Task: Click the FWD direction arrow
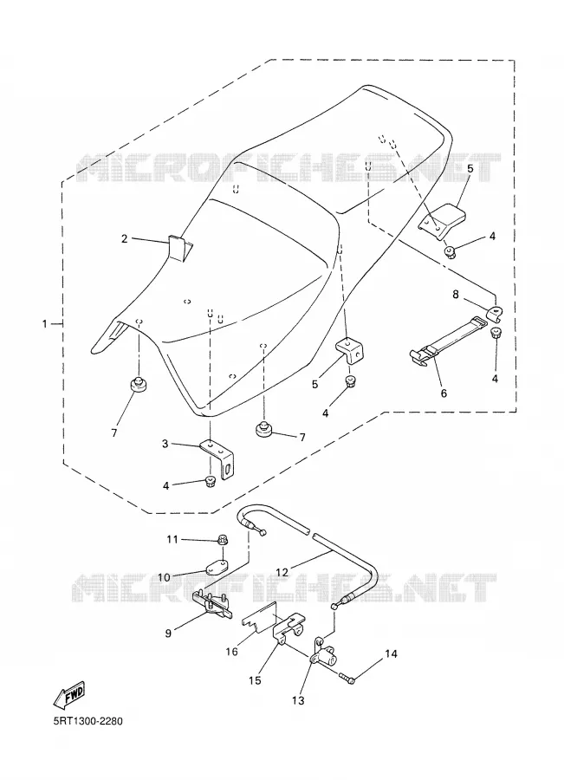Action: pyautogui.click(x=68, y=694)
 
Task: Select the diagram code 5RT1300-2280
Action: pyautogui.click(x=88, y=721)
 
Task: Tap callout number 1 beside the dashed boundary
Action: pyautogui.click(x=45, y=324)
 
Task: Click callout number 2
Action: pyautogui.click(x=125, y=239)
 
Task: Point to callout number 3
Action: pyautogui.click(x=165, y=443)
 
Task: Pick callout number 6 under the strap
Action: pyautogui.click(x=444, y=393)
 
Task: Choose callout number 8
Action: pyautogui.click(x=456, y=295)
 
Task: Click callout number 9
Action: pyautogui.click(x=168, y=634)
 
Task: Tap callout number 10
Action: pyautogui.click(x=164, y=577)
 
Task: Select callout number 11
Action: pyautogui.click(x=172, y=539)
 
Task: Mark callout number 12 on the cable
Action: pyautogui.click(x=282, y=572)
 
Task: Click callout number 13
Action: pyautogui.click(x=297, y=700)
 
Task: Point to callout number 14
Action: pyautogui.click(x=391, y=653)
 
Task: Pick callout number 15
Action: pyautogui.click(x=255, y=680)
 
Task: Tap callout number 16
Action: pyautogui.click(x=232, y=651)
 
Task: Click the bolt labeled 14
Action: pyautogui.click(x=347, y=677)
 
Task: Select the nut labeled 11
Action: pyautogui.click(x=223, y=539)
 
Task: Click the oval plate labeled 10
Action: pyautogui.click(x=217, y=566)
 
